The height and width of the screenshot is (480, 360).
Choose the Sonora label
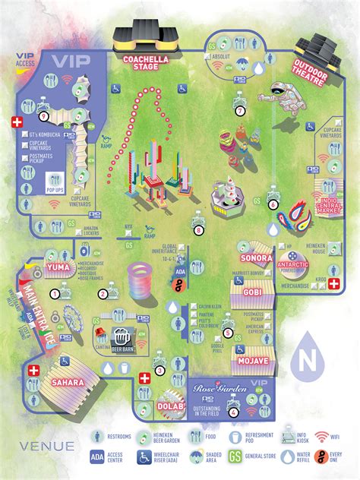[256, 247]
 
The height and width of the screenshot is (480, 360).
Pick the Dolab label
[166, 408]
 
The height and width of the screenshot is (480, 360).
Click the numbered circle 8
[199, 229]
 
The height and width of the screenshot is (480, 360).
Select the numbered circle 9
[43, 115]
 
